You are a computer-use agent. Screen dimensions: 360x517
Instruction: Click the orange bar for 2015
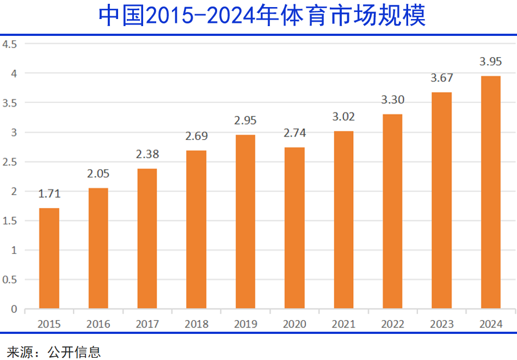(x=49, y=258)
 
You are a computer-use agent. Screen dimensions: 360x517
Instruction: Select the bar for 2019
(x=245, y=222)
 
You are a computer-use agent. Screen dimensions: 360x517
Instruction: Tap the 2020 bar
(x=294, y=228)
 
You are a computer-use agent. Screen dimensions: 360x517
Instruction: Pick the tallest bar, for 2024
(x=491, y=193)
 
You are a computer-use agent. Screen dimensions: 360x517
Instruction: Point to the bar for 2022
(x=392, y=212)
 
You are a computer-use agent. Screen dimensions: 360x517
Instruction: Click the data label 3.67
(x=441, y=78)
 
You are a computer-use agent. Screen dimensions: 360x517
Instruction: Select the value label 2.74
(x=294, y=133)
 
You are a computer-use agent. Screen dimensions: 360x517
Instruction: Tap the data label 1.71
(x=49, y=194)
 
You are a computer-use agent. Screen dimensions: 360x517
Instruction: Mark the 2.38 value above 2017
(x=147, y=154)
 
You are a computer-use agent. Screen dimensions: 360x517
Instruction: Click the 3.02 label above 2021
(x=343, y=117)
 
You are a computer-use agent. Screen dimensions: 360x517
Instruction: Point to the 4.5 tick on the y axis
(x=10, y=44)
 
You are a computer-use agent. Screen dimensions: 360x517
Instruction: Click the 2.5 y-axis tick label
(x=10, y=162)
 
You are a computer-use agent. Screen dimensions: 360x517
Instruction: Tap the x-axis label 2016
(x=98, y=324)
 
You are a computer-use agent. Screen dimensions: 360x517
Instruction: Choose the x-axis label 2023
(x=441, y=324)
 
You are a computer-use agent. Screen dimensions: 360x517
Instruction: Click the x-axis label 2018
(x=196, y=324)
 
